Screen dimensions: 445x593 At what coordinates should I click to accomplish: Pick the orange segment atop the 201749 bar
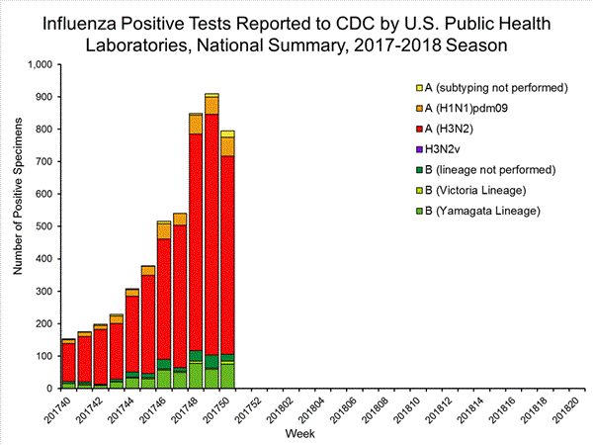click(x=212, y=105)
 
